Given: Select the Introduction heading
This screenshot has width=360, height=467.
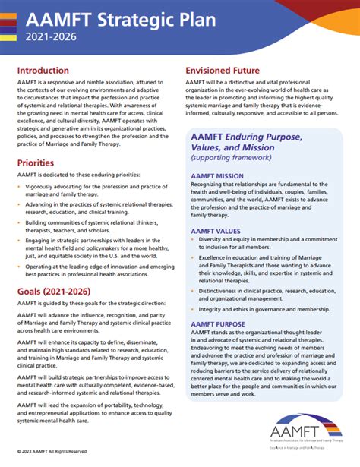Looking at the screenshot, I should tap(43, 71).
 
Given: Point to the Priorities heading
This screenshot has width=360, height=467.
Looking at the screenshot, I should tap(36, 163).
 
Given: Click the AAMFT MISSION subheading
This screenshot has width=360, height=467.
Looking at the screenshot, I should tap(216, 175).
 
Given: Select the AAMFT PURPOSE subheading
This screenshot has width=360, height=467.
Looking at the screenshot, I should tap(218, 324).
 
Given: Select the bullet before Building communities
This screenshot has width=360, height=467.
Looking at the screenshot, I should tap(19, 226).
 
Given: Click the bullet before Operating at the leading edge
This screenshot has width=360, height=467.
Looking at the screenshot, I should tap(19, 267).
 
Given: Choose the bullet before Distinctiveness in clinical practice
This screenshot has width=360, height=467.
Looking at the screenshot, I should tap(194, 292).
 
